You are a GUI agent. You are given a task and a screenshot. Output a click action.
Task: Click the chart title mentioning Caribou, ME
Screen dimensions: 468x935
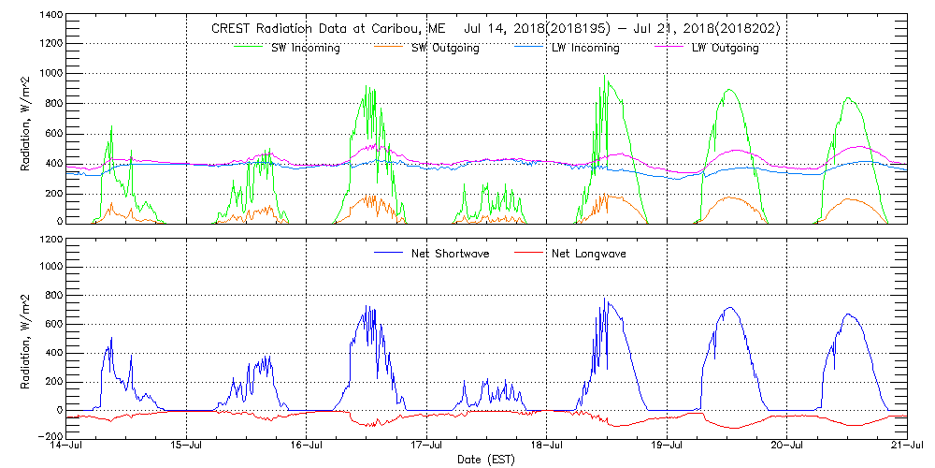495,29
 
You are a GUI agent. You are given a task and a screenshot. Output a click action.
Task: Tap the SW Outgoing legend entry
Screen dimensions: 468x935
445,48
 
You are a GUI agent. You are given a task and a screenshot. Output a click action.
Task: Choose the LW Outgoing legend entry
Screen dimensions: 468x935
725,48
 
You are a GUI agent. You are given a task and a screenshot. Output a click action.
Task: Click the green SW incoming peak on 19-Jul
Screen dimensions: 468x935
728,90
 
